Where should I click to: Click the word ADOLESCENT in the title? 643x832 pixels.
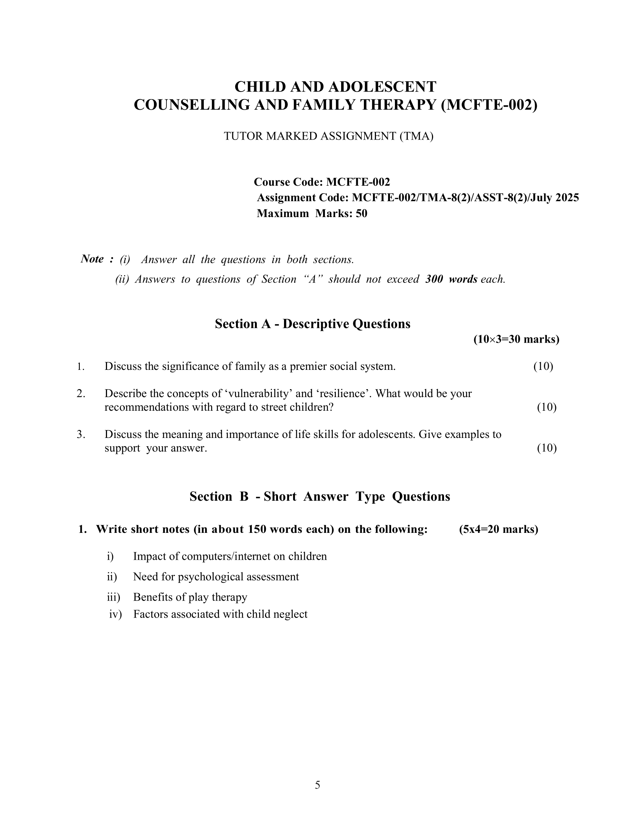tap(382, 87)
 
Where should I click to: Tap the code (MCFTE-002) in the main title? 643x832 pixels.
tap(489, 105)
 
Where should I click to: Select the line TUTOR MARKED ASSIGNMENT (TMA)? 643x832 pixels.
tap(328, 136)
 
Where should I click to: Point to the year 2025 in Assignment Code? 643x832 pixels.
tap(567, 198)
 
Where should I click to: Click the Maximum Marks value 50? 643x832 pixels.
tap(362, 213)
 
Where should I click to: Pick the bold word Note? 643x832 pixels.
tap(92, 259)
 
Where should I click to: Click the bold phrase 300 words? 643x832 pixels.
tap(451, 279)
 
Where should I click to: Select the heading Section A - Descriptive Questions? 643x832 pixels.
tap(312, 324)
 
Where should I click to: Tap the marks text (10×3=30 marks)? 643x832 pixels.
tap(516, 339)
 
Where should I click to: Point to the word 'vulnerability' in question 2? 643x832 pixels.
tap(259, 394)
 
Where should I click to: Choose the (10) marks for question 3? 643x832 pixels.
tap(547, 448)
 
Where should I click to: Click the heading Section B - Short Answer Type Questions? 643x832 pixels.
tap(320, 497)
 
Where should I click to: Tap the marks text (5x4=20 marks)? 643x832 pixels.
tap(499, 529)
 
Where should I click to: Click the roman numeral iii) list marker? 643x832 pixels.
tap(113, 597)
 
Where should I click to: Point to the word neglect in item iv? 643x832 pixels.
tap(290, 614)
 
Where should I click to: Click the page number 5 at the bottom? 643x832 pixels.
tap(317, 785)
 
